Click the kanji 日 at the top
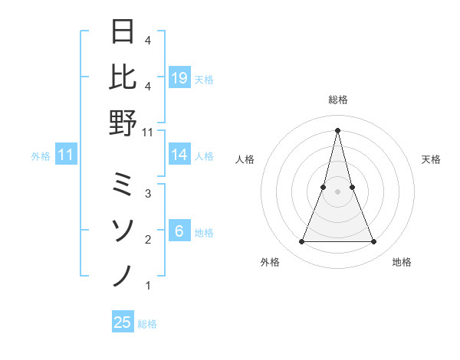click(124, 33)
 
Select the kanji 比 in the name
click(124, 77)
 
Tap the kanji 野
click(124, 123)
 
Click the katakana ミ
click(124, 185)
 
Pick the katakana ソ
click(124, 230)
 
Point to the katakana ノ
click(124, 275)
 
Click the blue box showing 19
click(179, 78)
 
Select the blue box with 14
click(179, 155)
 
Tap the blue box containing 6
click(179, 231)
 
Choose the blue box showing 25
click(123, 322)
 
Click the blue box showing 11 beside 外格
click(66, 155)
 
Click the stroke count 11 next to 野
click(148, 132)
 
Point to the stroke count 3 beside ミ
click(148, 194)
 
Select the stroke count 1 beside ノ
click(148, 286)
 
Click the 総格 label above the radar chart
click(337, 100)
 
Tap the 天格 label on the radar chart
click(432, 159)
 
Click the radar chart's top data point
click(337, 129)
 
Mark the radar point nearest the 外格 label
click(301, 242)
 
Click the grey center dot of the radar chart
click(337, 191)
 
